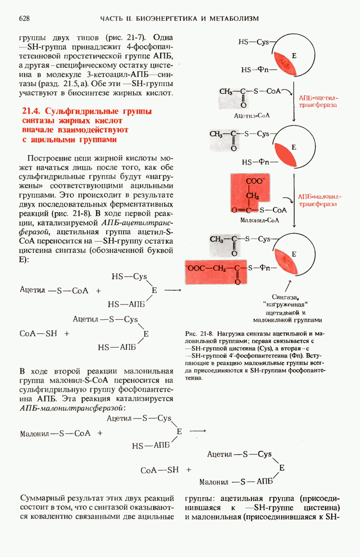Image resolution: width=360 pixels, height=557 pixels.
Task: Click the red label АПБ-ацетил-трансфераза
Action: click(318, 102)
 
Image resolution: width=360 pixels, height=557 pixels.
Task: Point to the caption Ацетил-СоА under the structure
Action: click(252, 115)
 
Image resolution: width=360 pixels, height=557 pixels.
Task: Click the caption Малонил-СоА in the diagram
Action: click(259, 220)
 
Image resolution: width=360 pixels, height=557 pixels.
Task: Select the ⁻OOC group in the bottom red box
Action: click(195, 268)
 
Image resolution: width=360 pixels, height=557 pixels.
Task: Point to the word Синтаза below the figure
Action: click(285, 297)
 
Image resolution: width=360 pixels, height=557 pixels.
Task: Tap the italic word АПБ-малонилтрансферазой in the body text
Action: click(72, 408)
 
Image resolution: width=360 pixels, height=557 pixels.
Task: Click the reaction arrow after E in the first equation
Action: click(172, 291)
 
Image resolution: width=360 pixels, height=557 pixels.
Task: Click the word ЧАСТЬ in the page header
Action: click(113, 19)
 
